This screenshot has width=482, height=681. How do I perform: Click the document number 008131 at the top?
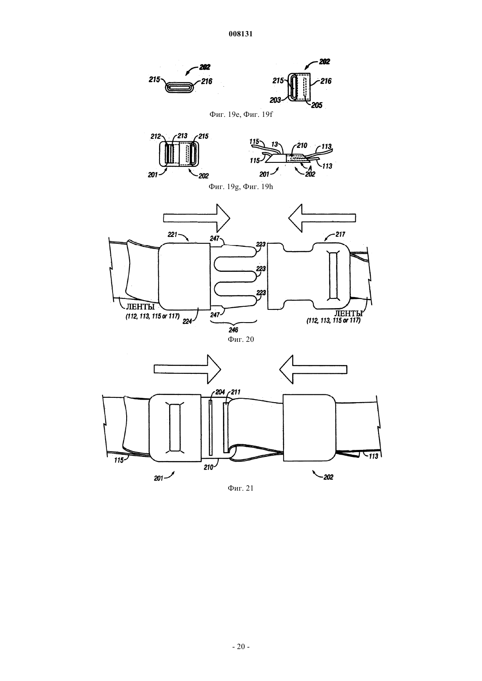coord(241,34)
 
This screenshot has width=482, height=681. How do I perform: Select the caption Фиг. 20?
coord(241,339)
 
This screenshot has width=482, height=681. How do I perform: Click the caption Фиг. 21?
coord(241,488)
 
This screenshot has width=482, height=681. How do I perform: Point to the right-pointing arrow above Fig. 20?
coord(197,218)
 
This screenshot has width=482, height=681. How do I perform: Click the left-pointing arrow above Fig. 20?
coord(322,218)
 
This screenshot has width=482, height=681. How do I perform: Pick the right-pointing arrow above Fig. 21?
coord(188,369)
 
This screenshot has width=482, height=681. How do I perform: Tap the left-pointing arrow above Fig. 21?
coord(313,369)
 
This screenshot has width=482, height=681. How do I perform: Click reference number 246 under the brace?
coord(234,330)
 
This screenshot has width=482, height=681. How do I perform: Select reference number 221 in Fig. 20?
coord(173,235)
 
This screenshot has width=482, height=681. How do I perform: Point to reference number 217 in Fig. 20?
coord(340,234)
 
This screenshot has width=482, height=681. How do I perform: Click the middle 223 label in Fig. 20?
coord(261,269)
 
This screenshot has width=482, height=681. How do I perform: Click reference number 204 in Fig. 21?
coord(220,392)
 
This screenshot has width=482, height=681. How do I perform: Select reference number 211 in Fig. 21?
coord(236,392)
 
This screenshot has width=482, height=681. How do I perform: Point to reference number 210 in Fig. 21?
coord(209,467)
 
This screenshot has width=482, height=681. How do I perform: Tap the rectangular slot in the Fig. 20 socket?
coord(333,275)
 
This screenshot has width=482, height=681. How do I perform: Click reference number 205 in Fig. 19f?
coord(317,105)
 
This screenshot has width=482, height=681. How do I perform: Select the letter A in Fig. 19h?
coord(310,167)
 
